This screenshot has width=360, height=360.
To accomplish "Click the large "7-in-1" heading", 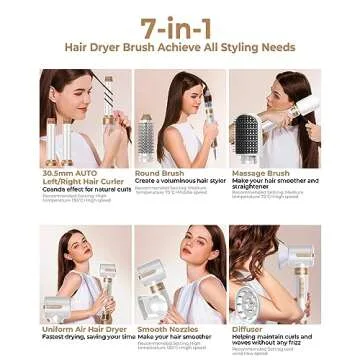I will [180, 25].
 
